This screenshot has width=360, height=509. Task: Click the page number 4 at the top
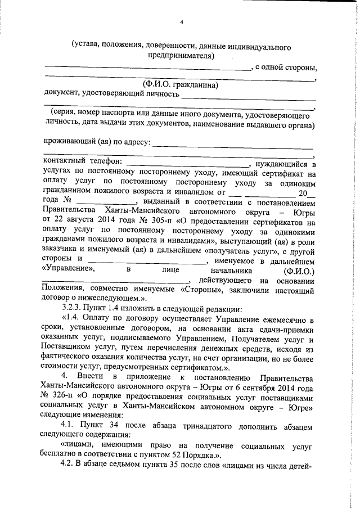(x=182, y=22)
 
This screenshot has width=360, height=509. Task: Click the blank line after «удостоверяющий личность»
(x=247, y=97)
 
